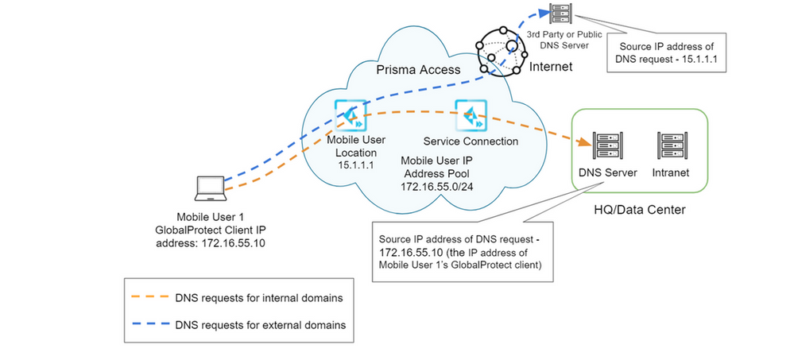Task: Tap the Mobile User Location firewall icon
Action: coord(350,115)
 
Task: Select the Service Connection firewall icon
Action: coord(469,115)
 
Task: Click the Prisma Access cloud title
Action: coord(417,70)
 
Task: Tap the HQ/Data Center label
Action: coord(638,210)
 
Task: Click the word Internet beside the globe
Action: coord(550,67)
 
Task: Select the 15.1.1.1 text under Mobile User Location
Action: coord(350,165)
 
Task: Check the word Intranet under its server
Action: coord(669,172)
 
